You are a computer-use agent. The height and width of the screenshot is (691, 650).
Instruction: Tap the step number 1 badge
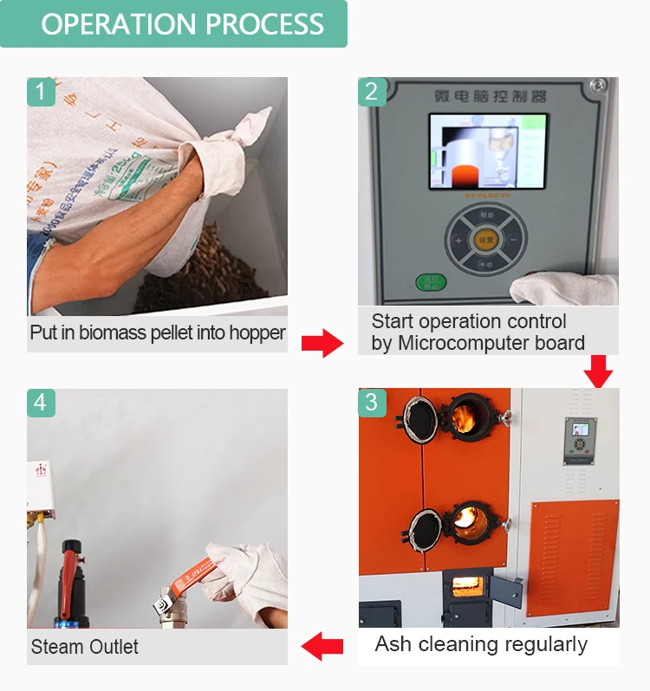pyautogui.click(x=41, y=92)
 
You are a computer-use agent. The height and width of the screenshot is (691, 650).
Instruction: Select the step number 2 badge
pyautogui.click(x=372, y=92)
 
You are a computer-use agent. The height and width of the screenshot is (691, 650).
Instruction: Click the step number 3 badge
pyautogui.click(x=372, y=403)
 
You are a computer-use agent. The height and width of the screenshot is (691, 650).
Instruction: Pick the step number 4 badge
pyautogui.click(x=41, y=403)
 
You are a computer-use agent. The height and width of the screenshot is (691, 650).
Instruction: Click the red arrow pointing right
pyautogui.click(x=322, y=343)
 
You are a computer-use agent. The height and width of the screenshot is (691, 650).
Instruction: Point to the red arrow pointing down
pyautogui.click(x=597, y=371)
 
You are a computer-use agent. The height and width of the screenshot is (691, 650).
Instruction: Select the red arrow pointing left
pyautogui.click(x=322, y=645)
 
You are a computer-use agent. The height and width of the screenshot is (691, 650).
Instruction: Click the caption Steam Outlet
pyautogui.click(x=84, y=647)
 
